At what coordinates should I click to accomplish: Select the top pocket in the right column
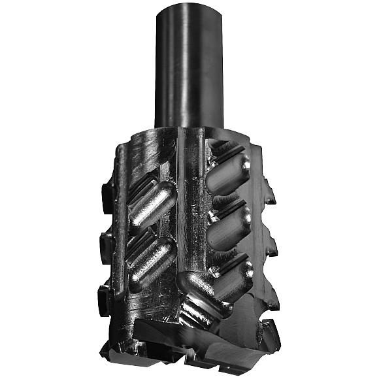click(229, 171)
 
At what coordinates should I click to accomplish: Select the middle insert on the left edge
click(105, 242)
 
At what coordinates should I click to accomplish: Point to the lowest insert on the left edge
click(105, 293)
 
